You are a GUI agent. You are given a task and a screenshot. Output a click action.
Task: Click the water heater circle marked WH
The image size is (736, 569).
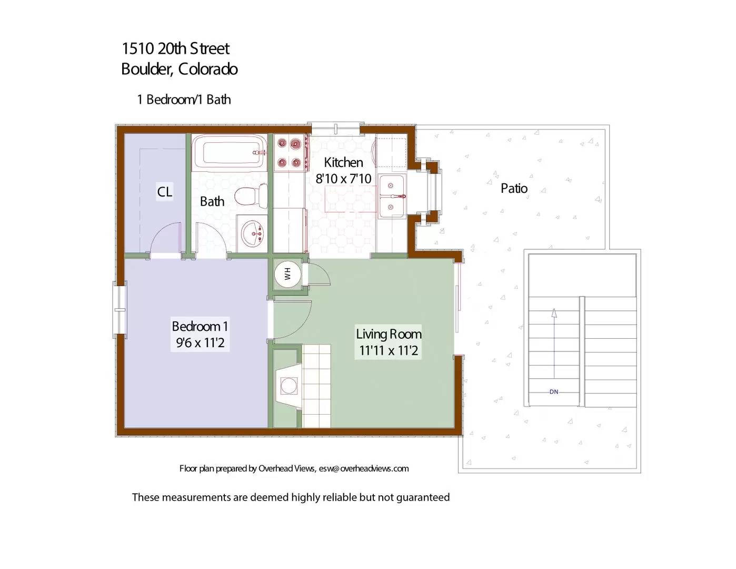[x=287, y=274]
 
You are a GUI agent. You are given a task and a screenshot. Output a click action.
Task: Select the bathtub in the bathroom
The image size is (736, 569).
[x=229, y=152]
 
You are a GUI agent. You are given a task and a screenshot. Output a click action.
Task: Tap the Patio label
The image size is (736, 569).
[x=514, y=188]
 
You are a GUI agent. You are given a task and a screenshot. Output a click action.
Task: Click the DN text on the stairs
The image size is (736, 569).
[x=554, y=392]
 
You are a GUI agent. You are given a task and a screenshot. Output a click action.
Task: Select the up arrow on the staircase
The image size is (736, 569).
[x=554, y=314]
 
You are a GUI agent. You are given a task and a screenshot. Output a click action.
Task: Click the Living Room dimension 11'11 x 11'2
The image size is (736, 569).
[x=389, y=350]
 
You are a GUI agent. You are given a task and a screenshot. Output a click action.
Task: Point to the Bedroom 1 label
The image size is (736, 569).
[x=200, y=326]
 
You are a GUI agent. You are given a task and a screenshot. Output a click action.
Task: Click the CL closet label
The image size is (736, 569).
[x=165, y=192]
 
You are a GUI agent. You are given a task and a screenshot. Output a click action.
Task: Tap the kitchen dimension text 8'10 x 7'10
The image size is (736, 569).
[x=343, y=179]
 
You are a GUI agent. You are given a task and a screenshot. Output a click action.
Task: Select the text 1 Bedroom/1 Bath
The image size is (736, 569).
[x=184, y=100]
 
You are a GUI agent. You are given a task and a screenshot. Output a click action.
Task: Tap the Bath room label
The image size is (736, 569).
[x=212, y=201]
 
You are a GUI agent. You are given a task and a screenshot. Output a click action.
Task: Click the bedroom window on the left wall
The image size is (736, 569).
[x=120, y=309]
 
